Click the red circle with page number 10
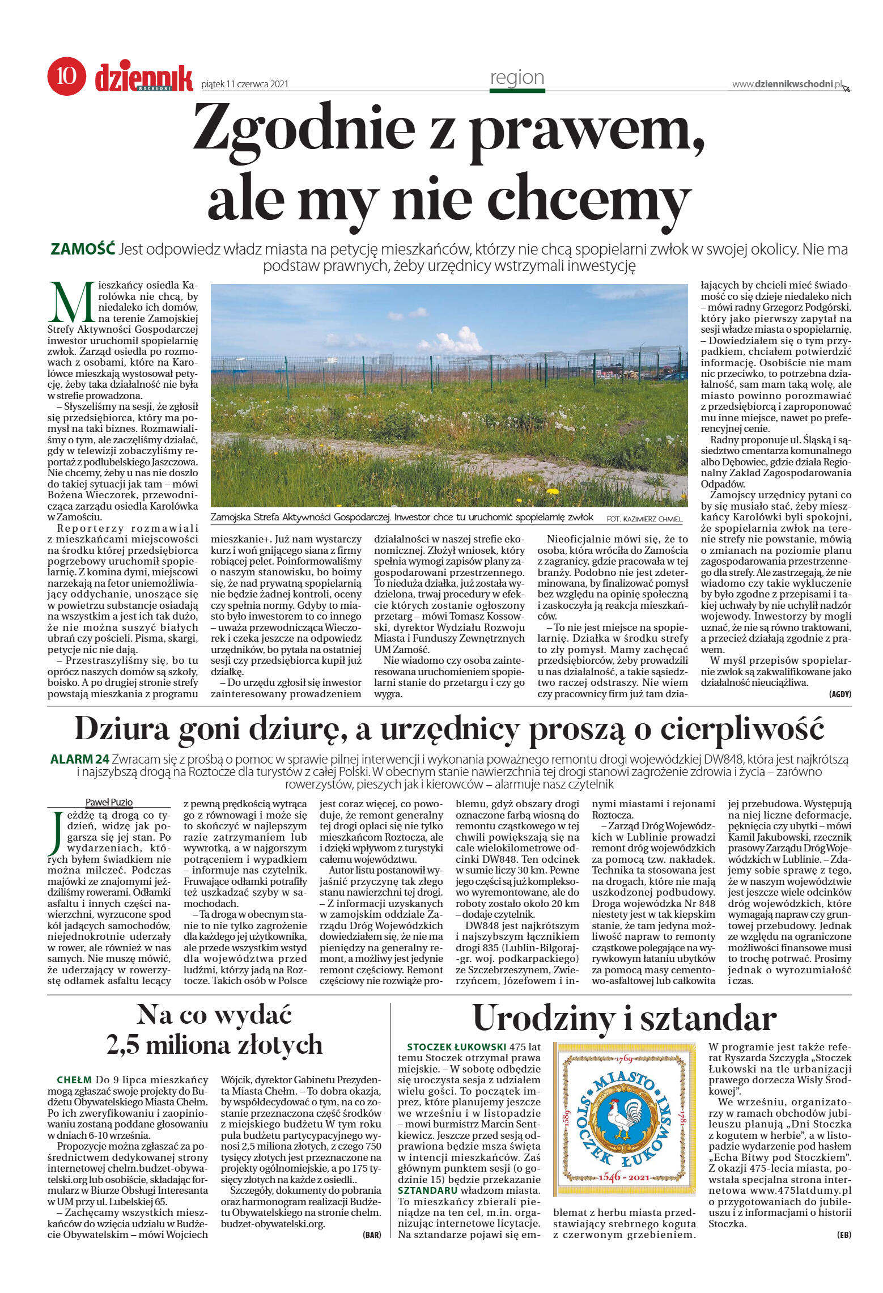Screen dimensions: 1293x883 pos(66,77)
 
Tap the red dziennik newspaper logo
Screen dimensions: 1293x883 pos(144,78)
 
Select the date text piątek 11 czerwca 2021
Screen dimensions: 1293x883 pos(245,84)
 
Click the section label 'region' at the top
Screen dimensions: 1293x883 pos(517,78)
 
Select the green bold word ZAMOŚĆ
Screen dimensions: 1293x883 pos(83,249)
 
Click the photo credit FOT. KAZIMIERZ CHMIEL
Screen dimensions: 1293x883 pos(644,519)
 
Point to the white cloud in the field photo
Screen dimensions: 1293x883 pos(453,341)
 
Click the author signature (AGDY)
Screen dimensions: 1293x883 pos(839,694)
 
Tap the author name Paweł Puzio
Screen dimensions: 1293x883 pos(109,802)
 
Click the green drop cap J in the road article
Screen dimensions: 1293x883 pos(56,832)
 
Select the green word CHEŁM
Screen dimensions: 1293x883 pos(74,1080)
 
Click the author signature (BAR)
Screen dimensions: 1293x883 pos(372,1235)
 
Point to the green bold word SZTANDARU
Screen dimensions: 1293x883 pos(427,1191)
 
